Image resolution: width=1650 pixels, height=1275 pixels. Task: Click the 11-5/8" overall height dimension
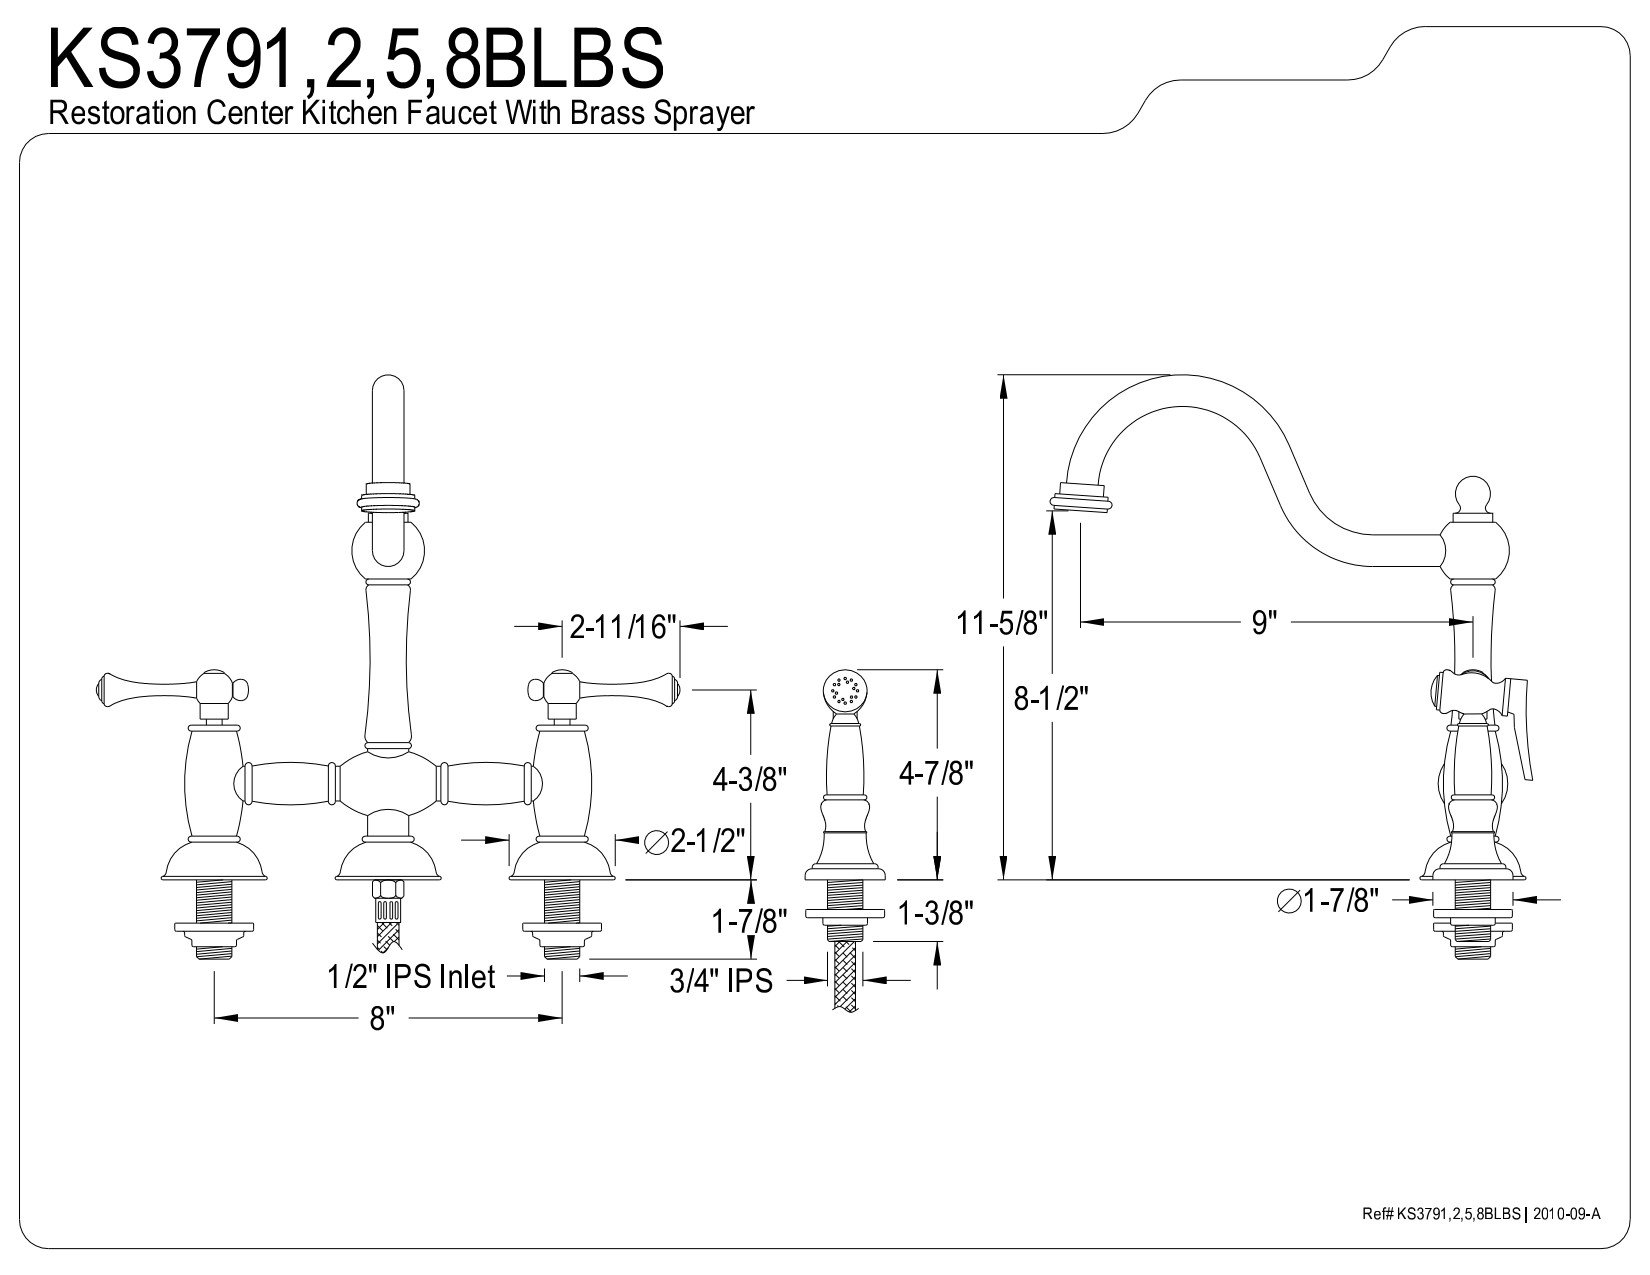[1002, 623]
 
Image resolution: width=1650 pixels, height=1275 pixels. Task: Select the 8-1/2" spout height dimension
[1051, 698]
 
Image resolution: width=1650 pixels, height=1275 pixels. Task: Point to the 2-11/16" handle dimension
[623, 626]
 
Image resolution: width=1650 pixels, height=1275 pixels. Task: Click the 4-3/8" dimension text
[749, 778]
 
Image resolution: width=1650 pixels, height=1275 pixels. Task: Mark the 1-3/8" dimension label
[935, 913]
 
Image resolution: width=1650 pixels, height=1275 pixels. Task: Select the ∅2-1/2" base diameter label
[694, 841]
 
